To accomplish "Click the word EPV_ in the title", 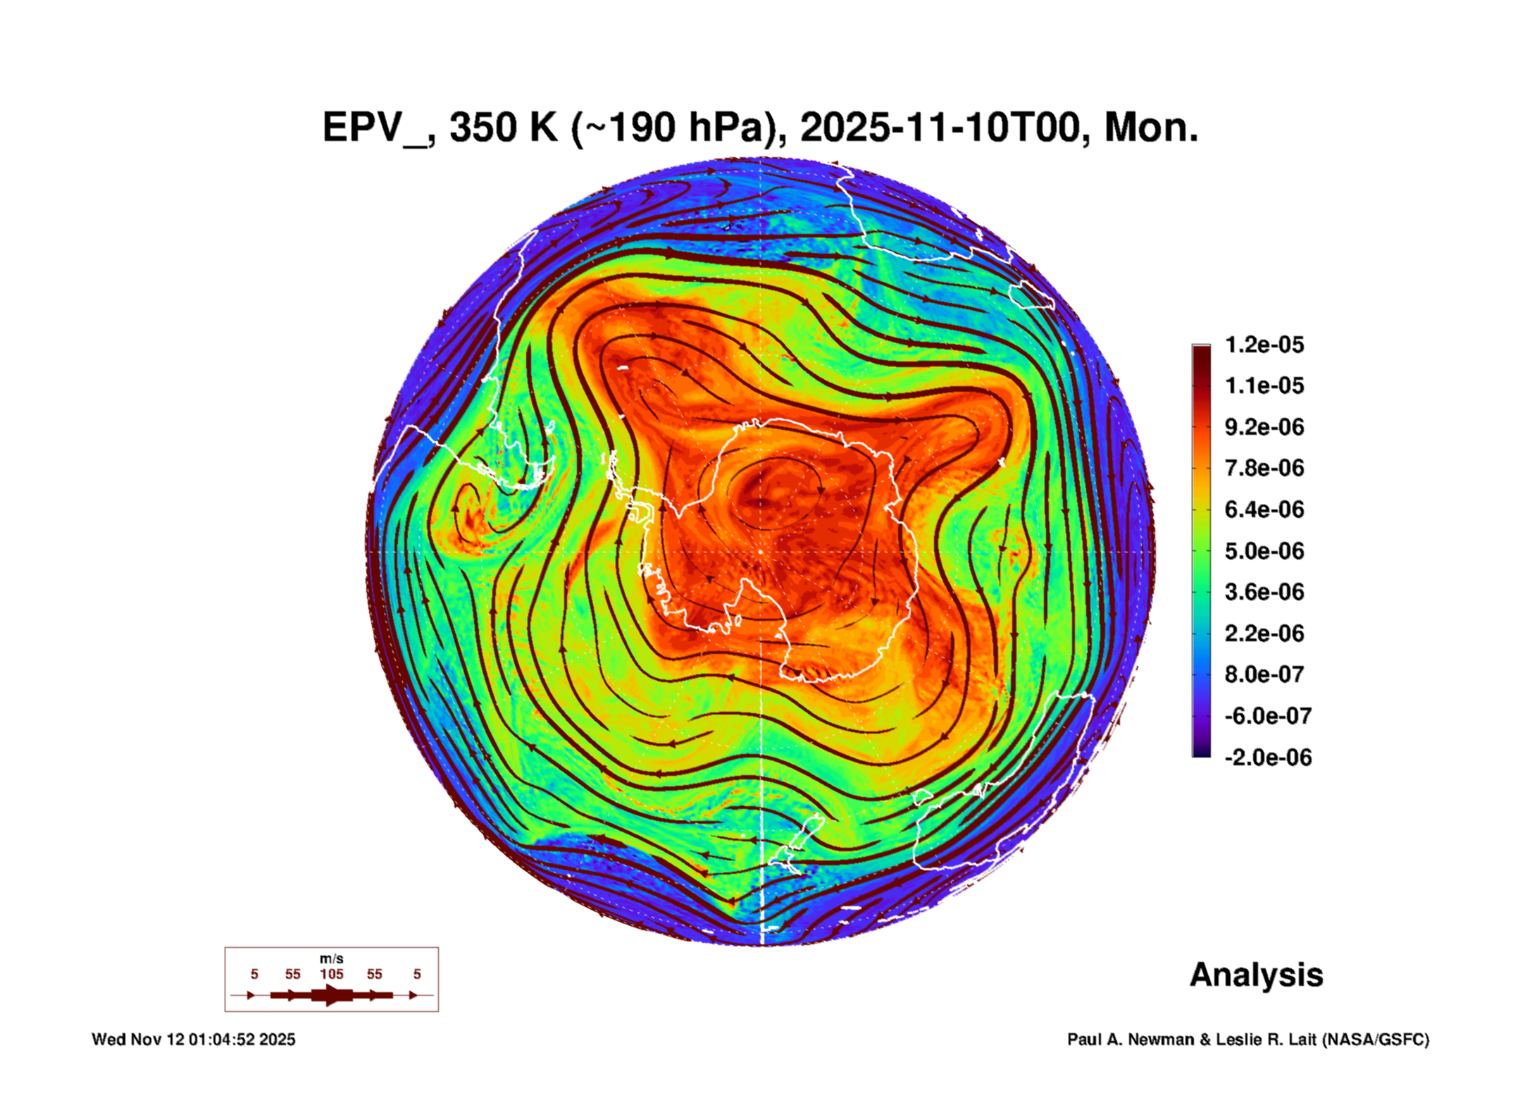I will coord(374,128).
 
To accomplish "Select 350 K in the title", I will coord(503,128).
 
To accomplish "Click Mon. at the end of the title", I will coord(1151,128).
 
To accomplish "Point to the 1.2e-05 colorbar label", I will coord(1264,345).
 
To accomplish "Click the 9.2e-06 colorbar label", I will coord(1264,427).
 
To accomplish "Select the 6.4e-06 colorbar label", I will coord(1264,509).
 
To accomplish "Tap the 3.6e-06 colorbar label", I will coord(1264,592).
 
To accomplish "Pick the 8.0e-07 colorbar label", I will coord(1264,674).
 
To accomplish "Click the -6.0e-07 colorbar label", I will coord(1267,716).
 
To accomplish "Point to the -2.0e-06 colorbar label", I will coord(1267,758).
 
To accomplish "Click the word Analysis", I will coord(1256,975).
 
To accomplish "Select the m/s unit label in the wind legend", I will coord(331,958).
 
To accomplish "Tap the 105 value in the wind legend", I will coord(331,974).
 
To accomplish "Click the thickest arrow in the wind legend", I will coord(332,995).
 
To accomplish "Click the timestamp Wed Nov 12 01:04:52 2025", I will coord(193,1039).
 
